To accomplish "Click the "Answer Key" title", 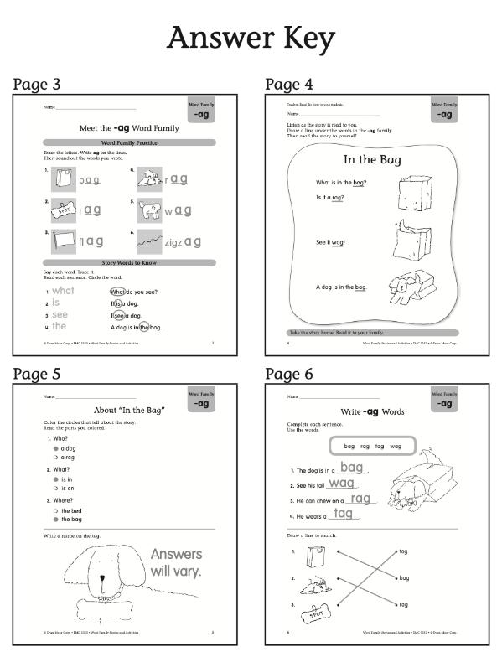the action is (251, 38).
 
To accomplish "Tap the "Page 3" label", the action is (37, 84).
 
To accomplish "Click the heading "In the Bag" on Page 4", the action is (373, 159).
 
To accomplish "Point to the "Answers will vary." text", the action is (176, 562).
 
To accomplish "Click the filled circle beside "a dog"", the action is (55, 448).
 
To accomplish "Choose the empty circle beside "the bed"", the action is (55, 510).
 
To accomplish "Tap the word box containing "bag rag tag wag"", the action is (373, 447).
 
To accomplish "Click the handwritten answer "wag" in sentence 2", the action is (341, 483).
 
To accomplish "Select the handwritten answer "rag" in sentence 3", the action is (361, 499).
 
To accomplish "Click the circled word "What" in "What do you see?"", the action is (116, 291).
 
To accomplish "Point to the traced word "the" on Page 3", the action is (59, 326).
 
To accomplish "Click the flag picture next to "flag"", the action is (64, 241).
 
